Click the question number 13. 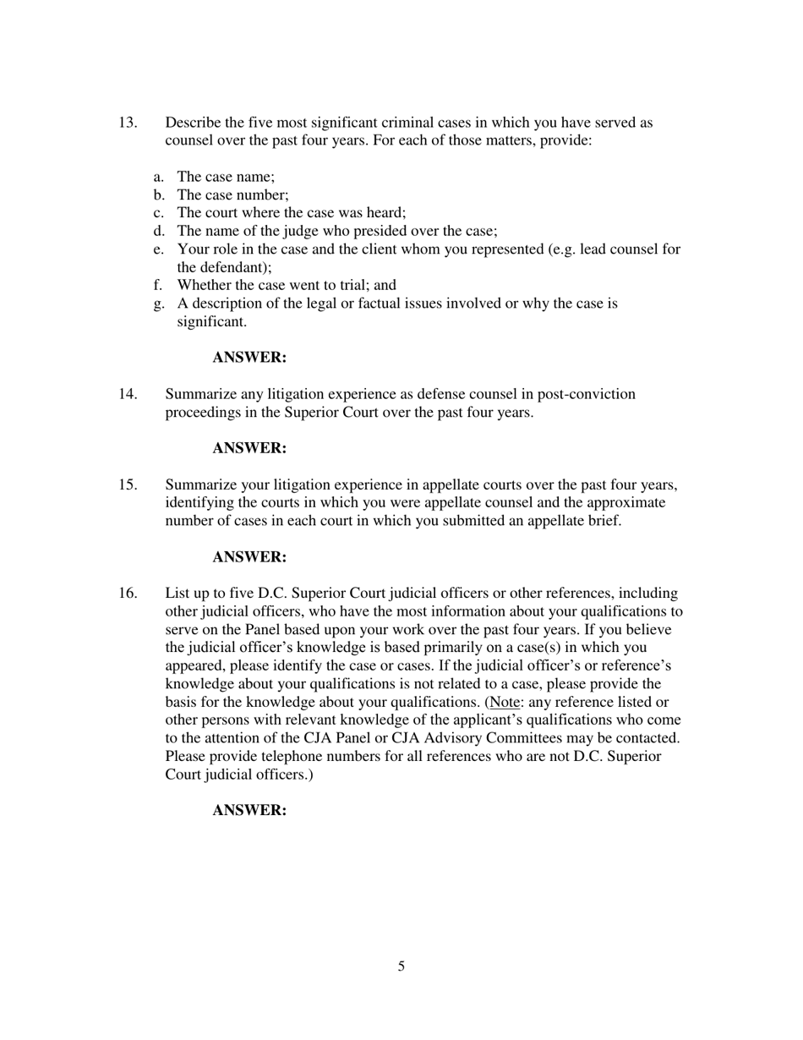[128, 123]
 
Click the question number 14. [128, 394]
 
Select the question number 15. [128, 484]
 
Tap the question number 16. [128, 594]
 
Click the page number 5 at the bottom [401, 966]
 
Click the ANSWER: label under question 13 [249, 358]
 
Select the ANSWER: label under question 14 [249, 448]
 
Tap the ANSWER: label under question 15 [249, 557]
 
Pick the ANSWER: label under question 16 [249, 810]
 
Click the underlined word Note [504, 703]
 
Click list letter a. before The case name [159, 177]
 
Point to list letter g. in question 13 [159, 304]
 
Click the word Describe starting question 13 [193, 123]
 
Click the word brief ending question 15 [604, 521]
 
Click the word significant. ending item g [211, 322]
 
